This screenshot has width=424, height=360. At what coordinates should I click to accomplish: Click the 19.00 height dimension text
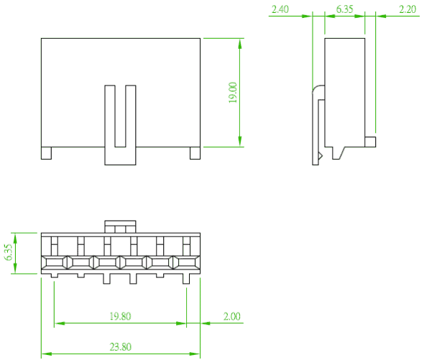tap(233, 93)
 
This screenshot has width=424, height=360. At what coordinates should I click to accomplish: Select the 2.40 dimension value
tap(280, 9)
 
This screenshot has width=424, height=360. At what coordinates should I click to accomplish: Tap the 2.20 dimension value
tap(407, 9)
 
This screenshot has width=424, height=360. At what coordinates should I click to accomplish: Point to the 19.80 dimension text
tap(120, 316)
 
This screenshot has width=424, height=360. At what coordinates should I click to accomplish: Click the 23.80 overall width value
tap(120, 347)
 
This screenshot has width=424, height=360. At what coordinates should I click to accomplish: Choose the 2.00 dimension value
tap(231, 316)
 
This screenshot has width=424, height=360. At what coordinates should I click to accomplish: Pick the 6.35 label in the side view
tap(344, 9)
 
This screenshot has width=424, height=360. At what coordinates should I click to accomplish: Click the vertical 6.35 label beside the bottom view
tap(9, 252)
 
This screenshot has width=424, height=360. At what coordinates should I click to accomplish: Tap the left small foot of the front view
tap(46, 153)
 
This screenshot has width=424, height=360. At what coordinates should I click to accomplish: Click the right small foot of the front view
tap(195, 153)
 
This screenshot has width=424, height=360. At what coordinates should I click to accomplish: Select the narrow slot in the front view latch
tap(120, 116)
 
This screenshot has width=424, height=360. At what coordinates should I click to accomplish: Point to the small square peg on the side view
tap(370, 142)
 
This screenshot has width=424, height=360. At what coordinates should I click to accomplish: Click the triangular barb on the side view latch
tap(321, 156)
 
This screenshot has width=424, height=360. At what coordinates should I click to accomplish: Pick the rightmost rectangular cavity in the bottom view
tap(187, 262)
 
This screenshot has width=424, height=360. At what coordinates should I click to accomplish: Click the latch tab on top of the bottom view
tap(120, 226)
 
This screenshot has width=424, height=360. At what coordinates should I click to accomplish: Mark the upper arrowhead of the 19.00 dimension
tap(240, 44)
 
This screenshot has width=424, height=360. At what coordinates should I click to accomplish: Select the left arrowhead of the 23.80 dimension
tap(47, 354)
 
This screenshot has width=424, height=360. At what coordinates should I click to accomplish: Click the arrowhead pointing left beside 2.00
tap(206, 323)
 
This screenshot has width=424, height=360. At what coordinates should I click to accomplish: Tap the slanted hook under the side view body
tap(338, 153)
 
